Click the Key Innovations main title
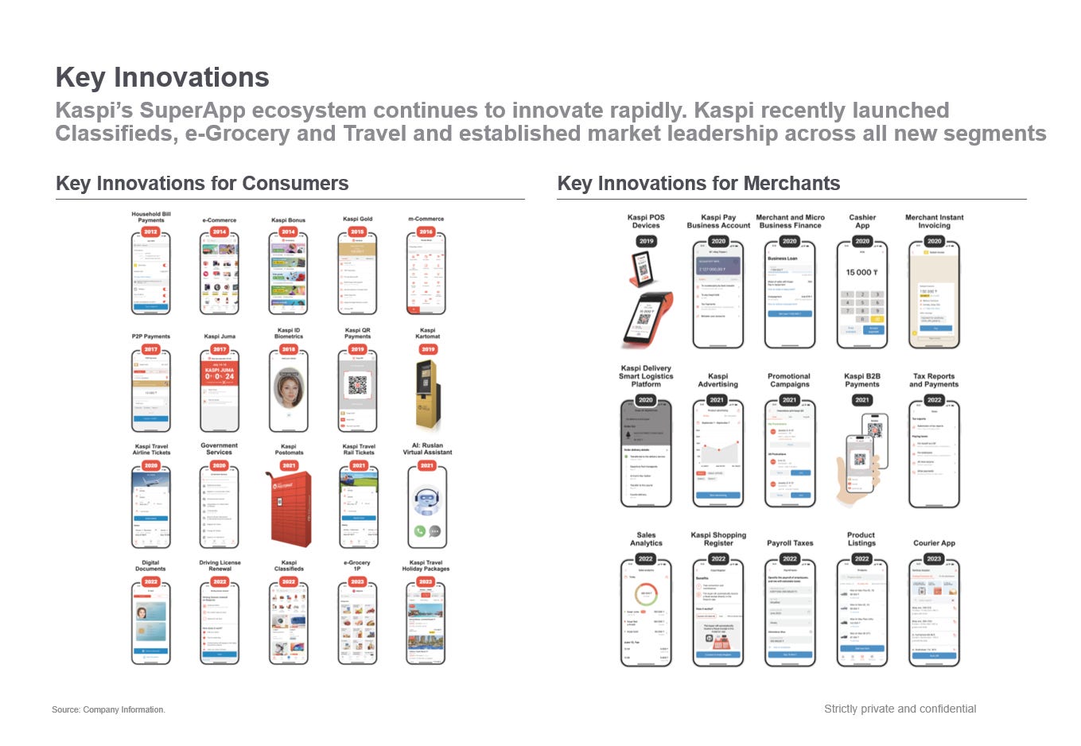point(162,77)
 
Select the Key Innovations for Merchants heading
point(698,184)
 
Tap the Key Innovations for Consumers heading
point(202,184)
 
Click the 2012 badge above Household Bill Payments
point(150,232)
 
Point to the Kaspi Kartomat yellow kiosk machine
point(427,394)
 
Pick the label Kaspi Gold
point(358,219)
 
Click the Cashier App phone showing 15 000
point(862,294)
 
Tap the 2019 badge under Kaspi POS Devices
point(646,241)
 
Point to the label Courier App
point(934,543)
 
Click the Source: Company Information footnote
point(108,709)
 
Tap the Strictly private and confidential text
point(900,709)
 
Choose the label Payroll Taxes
point(790,543)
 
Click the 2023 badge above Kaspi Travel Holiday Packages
point(426,581)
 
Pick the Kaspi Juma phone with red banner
point(220,390)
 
